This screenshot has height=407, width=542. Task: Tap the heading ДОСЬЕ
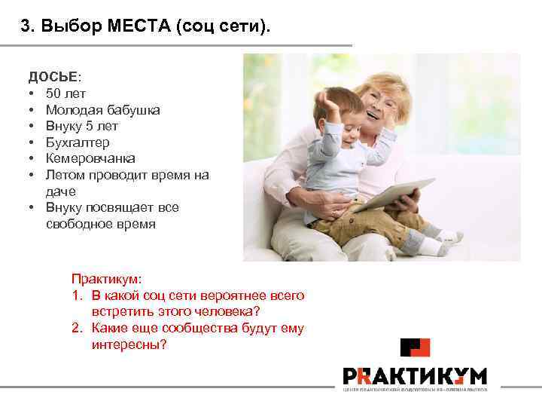51,77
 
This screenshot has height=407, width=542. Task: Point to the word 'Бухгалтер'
78,142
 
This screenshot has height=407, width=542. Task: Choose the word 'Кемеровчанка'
90,159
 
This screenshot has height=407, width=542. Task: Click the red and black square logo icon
415,348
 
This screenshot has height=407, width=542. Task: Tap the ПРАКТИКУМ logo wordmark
415,375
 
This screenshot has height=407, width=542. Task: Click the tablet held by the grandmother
398,194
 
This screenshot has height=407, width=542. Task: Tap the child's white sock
431,246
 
